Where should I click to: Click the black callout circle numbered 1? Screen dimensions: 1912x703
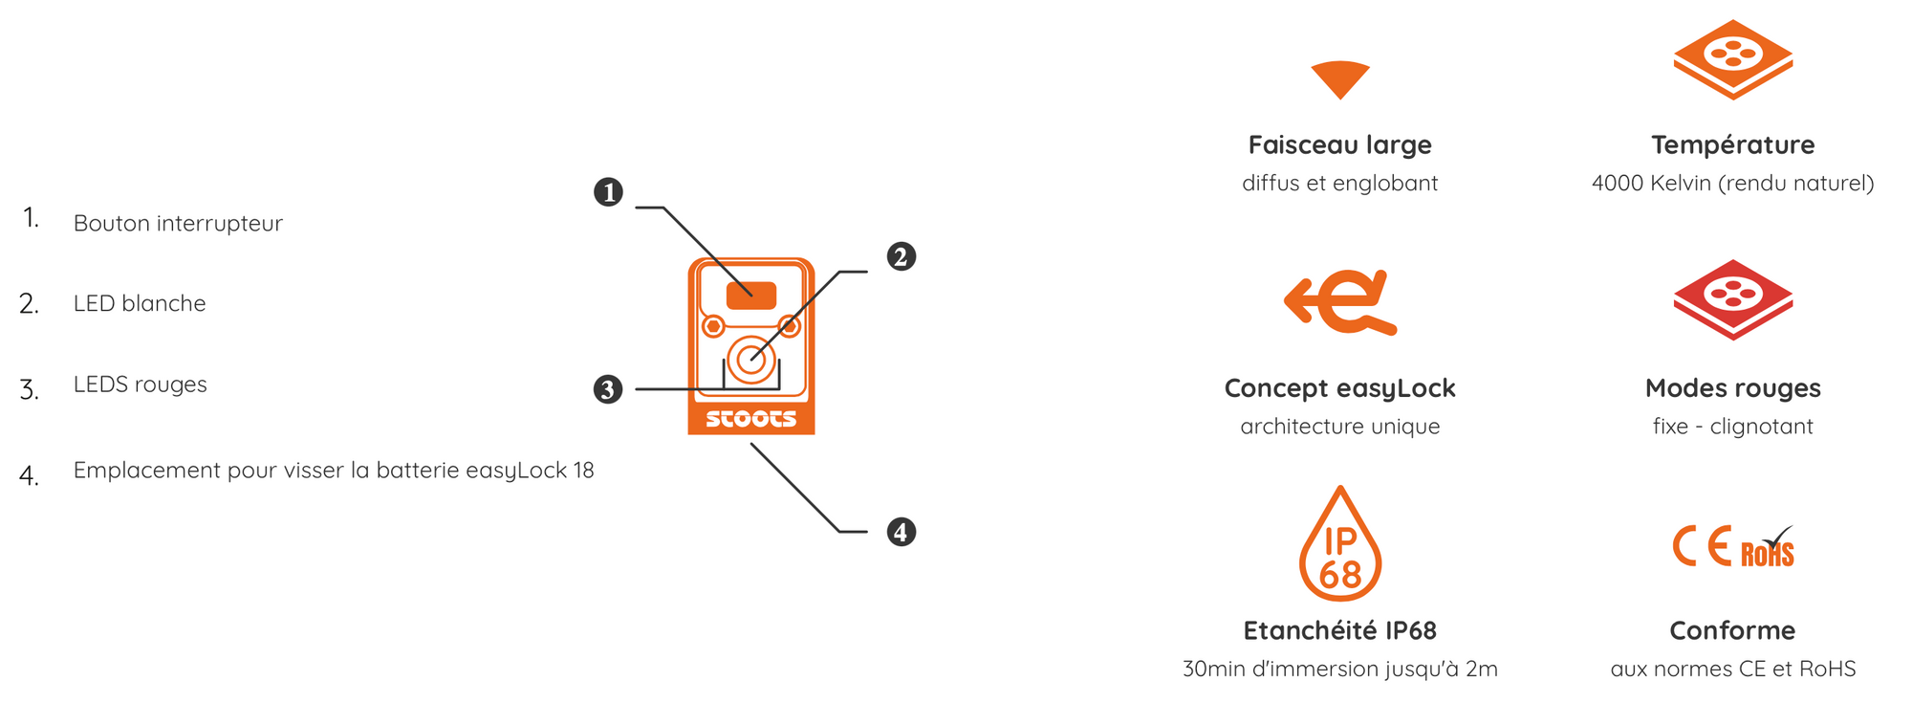[608, 192]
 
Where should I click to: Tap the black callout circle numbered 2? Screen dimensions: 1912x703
[901, 256]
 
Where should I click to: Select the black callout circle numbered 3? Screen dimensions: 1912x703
[608, 389]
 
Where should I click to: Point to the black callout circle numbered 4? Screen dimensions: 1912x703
[901, 532]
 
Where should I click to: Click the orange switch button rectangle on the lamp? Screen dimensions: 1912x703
[751, 296]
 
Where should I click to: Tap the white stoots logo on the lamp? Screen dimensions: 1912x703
[751, 419]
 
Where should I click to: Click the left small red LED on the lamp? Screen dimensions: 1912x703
[713, 326]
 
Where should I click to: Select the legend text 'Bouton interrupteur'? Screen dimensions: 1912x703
[178, 224]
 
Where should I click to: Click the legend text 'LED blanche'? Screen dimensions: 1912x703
[140, 303]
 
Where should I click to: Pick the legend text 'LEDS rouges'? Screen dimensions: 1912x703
[141, 384]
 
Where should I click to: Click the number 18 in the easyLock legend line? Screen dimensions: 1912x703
[583, 471]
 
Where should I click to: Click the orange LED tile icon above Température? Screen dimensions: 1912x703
[1733, 59]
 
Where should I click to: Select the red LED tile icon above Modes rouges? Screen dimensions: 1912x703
[1733, 299]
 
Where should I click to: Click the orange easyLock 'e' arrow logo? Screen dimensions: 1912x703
[1340, 302]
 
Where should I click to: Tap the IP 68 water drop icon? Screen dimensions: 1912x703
[1340, 546]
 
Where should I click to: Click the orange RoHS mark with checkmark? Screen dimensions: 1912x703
[1767, 547]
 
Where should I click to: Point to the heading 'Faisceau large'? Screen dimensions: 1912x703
[1340, 144]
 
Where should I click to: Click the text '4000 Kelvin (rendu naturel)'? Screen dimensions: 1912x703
[1733, 183]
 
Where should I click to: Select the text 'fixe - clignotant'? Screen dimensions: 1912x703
[1733, 427]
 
